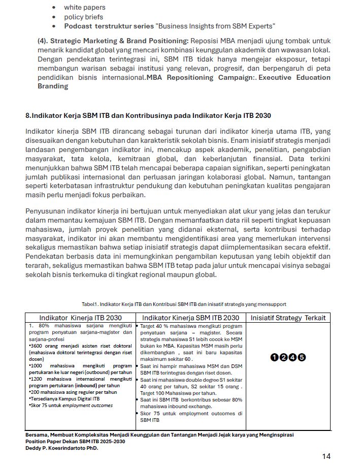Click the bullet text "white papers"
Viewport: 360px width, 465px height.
84,8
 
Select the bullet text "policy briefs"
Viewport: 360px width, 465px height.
83,17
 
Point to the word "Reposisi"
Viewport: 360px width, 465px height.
207,41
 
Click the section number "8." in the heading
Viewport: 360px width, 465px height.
28,115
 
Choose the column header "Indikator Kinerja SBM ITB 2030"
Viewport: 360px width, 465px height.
190,318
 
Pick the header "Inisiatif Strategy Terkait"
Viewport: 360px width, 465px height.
288,318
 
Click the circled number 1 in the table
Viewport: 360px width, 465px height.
274,357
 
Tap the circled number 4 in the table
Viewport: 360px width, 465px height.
292,357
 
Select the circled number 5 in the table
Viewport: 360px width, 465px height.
302,357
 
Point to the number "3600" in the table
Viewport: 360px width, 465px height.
36,346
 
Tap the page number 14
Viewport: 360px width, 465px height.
326,456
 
